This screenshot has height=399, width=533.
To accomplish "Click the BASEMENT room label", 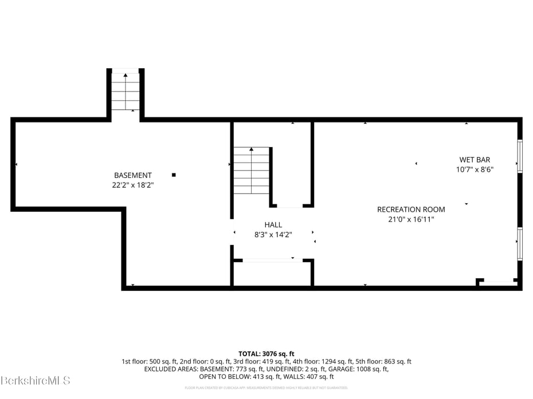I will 133,175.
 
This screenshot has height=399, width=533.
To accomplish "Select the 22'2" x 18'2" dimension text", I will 133,185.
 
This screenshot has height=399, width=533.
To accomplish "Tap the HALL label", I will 273,225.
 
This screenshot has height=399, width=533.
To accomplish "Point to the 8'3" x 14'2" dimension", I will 273,234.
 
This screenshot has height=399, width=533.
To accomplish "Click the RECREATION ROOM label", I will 410,210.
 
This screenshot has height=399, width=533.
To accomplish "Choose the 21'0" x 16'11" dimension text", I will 410,219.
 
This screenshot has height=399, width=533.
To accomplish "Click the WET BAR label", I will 475,160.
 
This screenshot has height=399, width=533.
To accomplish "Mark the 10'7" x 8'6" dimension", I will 475,169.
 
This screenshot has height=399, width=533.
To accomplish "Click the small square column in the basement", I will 174,175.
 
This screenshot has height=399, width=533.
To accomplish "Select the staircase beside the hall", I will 251,171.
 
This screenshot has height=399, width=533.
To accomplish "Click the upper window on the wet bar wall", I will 520,156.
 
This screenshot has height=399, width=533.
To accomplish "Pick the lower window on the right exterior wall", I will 520,244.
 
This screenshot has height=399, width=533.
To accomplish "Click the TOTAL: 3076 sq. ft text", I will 266,354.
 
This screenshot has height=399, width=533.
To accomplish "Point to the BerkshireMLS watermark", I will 36,380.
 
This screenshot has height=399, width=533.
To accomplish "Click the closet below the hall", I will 272,273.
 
